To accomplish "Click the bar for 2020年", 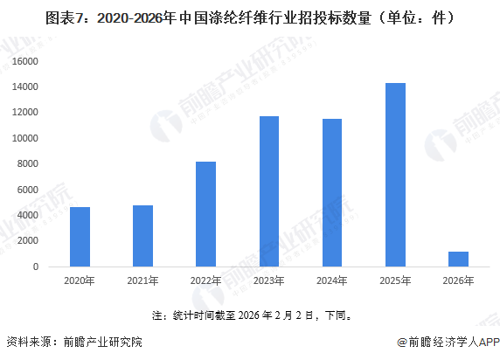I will pos(80,237).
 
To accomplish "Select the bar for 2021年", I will pos(142,236).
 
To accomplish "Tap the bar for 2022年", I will pos(205,214).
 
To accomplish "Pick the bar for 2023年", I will pos(268,191).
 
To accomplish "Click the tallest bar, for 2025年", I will pos(395,175).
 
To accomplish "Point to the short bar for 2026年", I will pos(458,259).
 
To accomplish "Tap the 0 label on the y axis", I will pos(38,267).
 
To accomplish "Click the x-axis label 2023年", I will pos(268,281).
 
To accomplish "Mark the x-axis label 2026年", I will pos(458,281).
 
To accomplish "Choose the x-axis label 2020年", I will pos(80,281).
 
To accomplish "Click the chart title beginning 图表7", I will pos(249,17).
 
